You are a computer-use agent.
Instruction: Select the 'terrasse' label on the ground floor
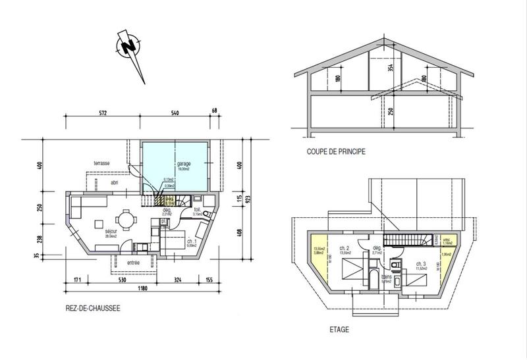pyautogui.click(x=101, y=163)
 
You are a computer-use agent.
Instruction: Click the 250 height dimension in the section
pyautogui.click(x=390, y=112)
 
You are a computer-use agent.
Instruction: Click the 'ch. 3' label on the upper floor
pyautogui.click(x=420, y=264)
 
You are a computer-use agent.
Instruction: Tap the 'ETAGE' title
pyautogui.click(x=340, y=329)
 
